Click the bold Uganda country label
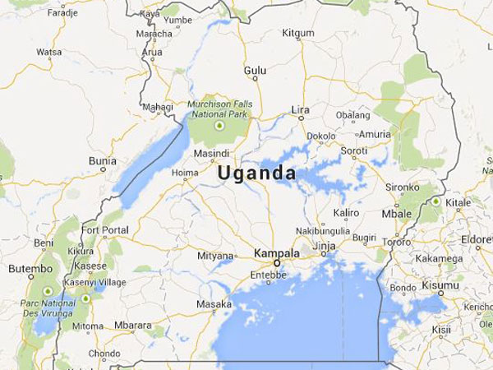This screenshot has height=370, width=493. [x=257, y=174]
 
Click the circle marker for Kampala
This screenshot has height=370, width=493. [x=277, y=263]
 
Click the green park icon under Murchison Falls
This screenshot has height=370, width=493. [x=219, y=127]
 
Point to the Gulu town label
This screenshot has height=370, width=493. [x=256, y=72]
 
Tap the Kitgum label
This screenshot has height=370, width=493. [x=297, y=32]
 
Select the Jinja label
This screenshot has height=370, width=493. [x=326, y=247]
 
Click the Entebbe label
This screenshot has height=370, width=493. [x=270, y=275]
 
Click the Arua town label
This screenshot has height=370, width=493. [x=153, y=51]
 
